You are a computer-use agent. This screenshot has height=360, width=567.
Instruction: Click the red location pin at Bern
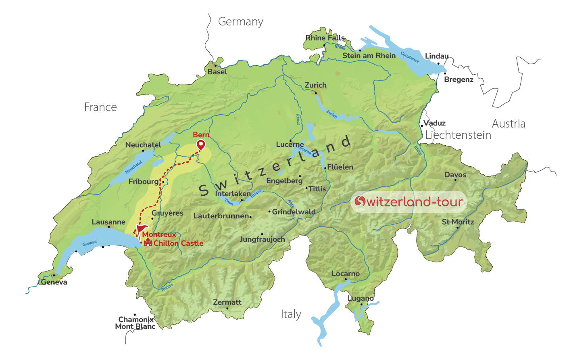(200, 144)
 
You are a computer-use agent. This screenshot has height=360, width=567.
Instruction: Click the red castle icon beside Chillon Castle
(148, 243)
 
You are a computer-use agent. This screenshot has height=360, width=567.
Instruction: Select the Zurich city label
(315, 85)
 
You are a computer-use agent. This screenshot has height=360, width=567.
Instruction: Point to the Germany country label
(240, 22)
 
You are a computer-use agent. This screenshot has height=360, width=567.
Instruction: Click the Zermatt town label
(227, 302)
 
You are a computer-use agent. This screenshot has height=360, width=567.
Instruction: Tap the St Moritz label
(458, 222)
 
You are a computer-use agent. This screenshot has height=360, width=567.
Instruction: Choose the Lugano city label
(361, 298)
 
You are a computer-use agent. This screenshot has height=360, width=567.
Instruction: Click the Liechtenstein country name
(458, 135)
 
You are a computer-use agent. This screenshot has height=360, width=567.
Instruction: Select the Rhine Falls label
(325, 38)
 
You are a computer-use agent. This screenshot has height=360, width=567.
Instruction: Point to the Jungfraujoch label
(262, 239)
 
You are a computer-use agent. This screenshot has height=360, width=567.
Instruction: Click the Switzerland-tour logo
(409, 201)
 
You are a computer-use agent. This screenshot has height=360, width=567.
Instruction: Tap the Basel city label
(217, 72)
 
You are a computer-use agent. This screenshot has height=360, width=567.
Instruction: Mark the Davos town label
(455, 175)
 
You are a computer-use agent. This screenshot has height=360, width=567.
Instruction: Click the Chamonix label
(136, 320)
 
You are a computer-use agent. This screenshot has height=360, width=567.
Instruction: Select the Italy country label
(291, 314)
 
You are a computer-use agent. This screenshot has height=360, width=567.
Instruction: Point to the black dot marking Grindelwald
(269, 211)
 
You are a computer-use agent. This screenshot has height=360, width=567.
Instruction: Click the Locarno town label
(345, 274)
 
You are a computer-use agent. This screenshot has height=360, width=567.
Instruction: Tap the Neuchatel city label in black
(143, 144)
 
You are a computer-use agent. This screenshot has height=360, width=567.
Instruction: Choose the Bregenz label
(459, 80)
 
